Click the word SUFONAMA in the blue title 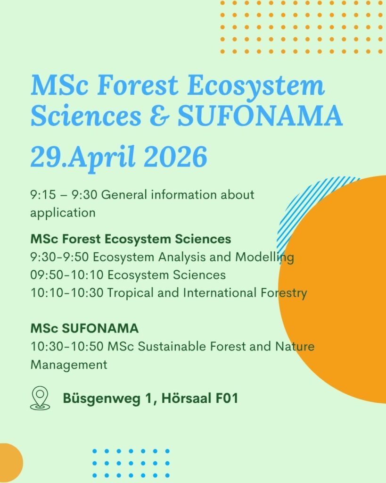pos(260,116)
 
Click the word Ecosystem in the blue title pos(256,86)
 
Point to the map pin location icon pos(40,398)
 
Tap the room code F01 pos(227,398)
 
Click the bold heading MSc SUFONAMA pos(85,328)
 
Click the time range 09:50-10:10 pos(67,275)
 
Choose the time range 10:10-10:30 pos(67,292)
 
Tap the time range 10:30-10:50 pos(67,346)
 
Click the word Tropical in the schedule pos(130,293)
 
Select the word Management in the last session pos(69,365)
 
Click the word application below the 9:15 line pos(63,213)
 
